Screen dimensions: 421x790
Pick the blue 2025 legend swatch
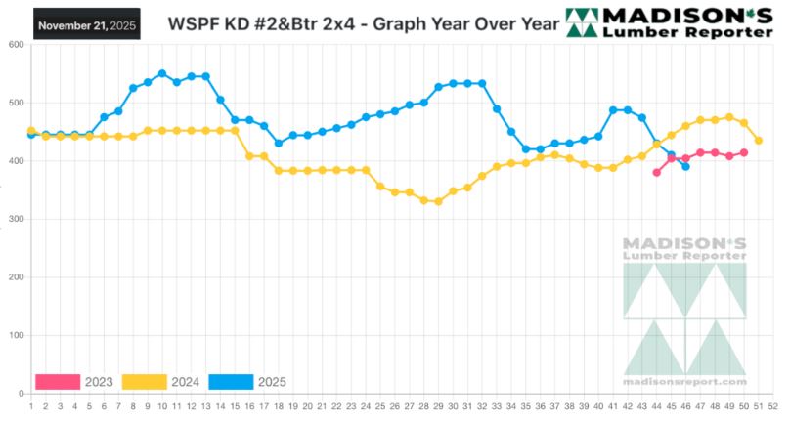[x=230, y=381]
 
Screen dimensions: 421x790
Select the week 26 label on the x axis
[x=395, y=405]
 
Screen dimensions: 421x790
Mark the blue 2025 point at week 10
[x=162, y=73]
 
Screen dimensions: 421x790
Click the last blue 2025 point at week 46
[x=685, y=166]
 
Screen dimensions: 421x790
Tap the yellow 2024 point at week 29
[x=438, y=201]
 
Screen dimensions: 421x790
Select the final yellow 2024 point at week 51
[x=759, y=141]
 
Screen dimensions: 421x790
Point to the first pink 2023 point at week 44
[x=657, y=172]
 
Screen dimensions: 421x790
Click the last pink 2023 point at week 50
[x=744, y=152]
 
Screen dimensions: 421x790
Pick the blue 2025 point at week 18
[x=279, y=143]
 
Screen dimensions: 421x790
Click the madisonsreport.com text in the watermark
[x=684, y=382]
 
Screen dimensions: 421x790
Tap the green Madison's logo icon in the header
[x=584, y=23]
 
